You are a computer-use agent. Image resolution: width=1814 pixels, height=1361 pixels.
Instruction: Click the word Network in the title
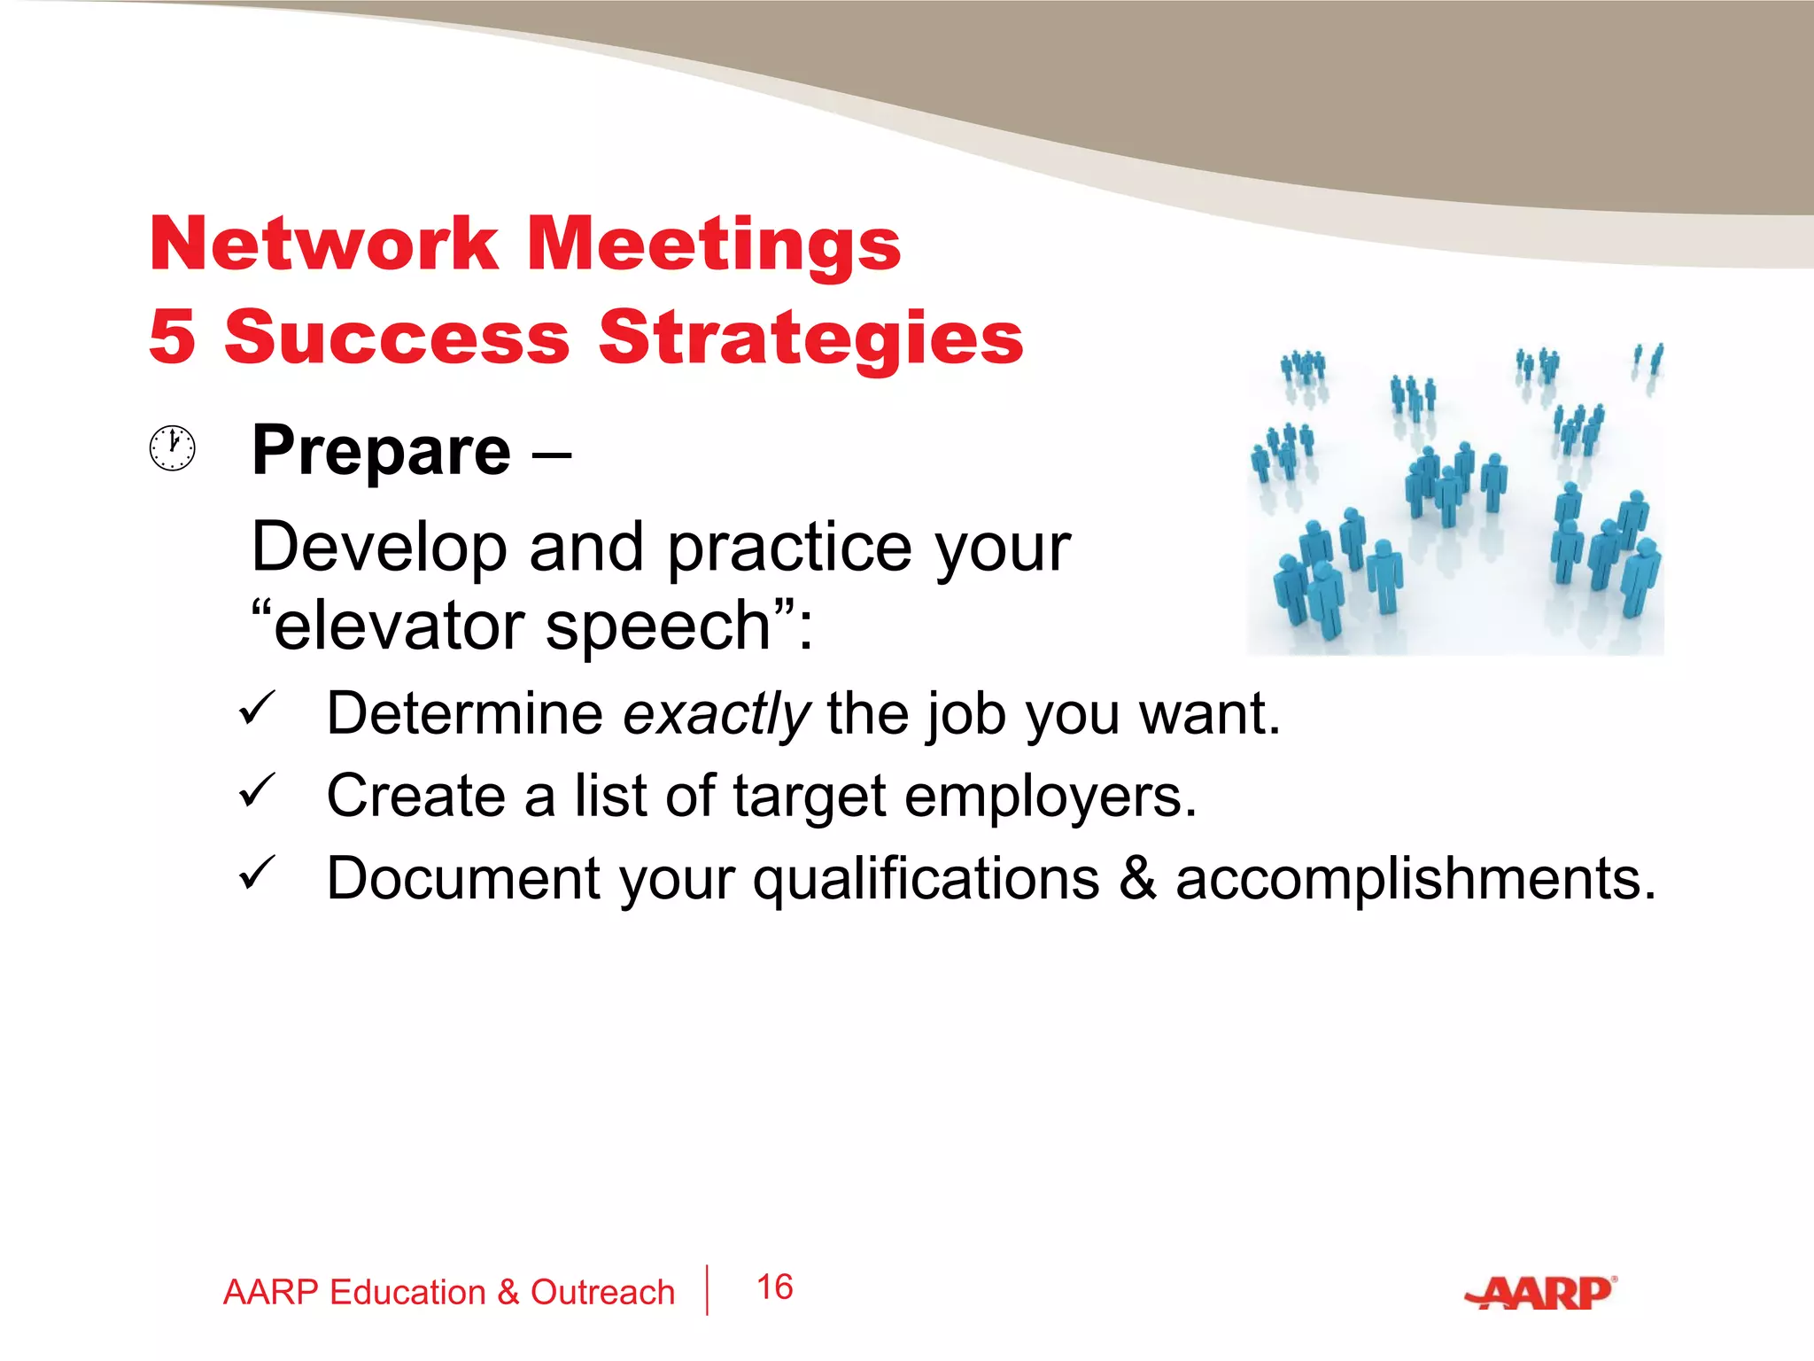[x=324, y=244]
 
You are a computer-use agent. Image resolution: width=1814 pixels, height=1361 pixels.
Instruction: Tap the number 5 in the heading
[x=172, y=337]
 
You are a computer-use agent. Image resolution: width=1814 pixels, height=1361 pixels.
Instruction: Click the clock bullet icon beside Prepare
[x=172, y=447]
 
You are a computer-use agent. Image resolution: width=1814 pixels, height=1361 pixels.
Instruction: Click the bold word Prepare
[x=381, y=451]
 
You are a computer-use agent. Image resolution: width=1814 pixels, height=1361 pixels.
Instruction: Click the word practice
[x=789, y=548]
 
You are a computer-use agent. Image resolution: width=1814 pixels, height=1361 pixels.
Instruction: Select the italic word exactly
[x=716, y=713]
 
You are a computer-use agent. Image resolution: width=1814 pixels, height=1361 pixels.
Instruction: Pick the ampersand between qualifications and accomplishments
[x=1137, y=878]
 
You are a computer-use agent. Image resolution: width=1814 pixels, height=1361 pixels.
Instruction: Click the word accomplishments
[x=1415, y=878]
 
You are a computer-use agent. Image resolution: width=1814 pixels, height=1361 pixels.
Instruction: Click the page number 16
[x=775, y=1287]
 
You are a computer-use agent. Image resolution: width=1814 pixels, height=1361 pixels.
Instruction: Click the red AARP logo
[x=1541, y=1294]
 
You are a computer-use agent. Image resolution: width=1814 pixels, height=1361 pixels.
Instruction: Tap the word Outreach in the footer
[x=602, y=1292]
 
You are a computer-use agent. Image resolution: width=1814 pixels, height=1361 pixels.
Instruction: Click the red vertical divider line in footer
[x=708, y=1290]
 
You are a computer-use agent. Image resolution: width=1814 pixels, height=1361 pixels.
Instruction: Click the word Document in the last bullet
[x=463, y=878]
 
